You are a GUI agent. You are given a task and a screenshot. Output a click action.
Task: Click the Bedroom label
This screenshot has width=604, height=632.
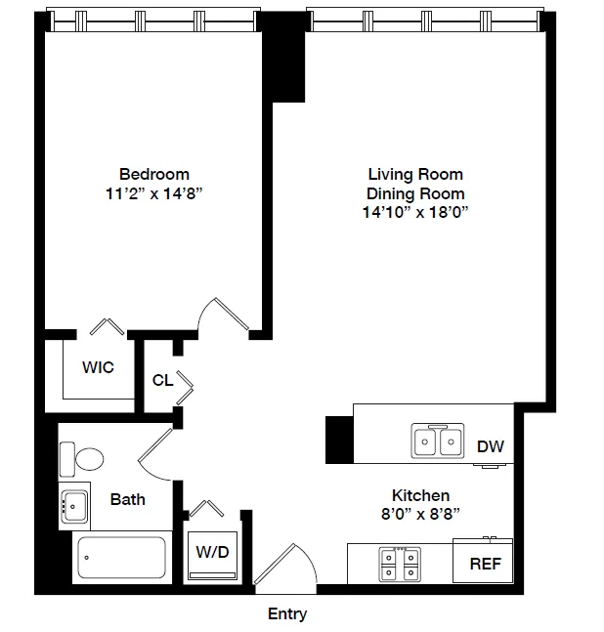pos(154,174)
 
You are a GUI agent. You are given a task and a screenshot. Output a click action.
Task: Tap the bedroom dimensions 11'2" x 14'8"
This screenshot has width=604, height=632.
pos(154,192)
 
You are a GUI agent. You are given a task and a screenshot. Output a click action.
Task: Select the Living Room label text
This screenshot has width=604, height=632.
pos(414,174)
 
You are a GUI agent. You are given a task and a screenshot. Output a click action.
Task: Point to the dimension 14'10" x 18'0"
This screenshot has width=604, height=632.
pos(414,212)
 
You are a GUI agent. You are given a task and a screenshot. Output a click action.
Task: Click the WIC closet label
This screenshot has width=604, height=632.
pos(98,367)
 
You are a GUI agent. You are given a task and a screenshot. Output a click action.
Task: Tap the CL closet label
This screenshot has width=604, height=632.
pos(162,380)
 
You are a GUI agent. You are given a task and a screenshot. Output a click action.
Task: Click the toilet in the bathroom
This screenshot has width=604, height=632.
pos(82,458)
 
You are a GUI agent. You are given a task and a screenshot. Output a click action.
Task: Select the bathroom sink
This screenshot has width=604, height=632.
pos(74,505)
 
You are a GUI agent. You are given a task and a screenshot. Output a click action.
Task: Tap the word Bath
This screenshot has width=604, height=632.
pos(127,499)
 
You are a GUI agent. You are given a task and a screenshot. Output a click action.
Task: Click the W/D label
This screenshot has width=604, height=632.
pos(212,551)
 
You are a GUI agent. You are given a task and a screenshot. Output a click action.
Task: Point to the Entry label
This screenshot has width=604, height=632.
pos(287,614)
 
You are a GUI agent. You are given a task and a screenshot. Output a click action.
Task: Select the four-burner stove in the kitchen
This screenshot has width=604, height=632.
pos(399,563)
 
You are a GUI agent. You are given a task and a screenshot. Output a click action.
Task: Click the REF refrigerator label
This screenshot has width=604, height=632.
pos(485,564)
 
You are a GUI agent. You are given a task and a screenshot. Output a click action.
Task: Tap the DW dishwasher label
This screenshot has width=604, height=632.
pos(491,446)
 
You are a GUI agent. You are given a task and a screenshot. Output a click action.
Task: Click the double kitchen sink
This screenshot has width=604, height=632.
pos(437,442)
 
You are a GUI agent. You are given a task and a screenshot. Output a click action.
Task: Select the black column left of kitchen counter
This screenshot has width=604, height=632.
pos(338,440)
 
